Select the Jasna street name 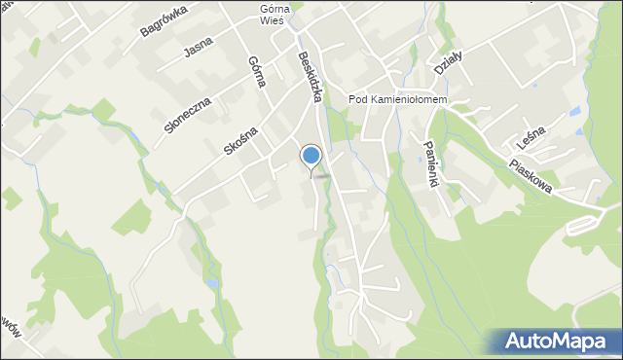pos(198,46)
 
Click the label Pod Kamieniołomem pos(396,100)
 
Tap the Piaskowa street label pos(531,175)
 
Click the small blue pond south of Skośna pos(212,284)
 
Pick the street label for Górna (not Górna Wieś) pos(256,71)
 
